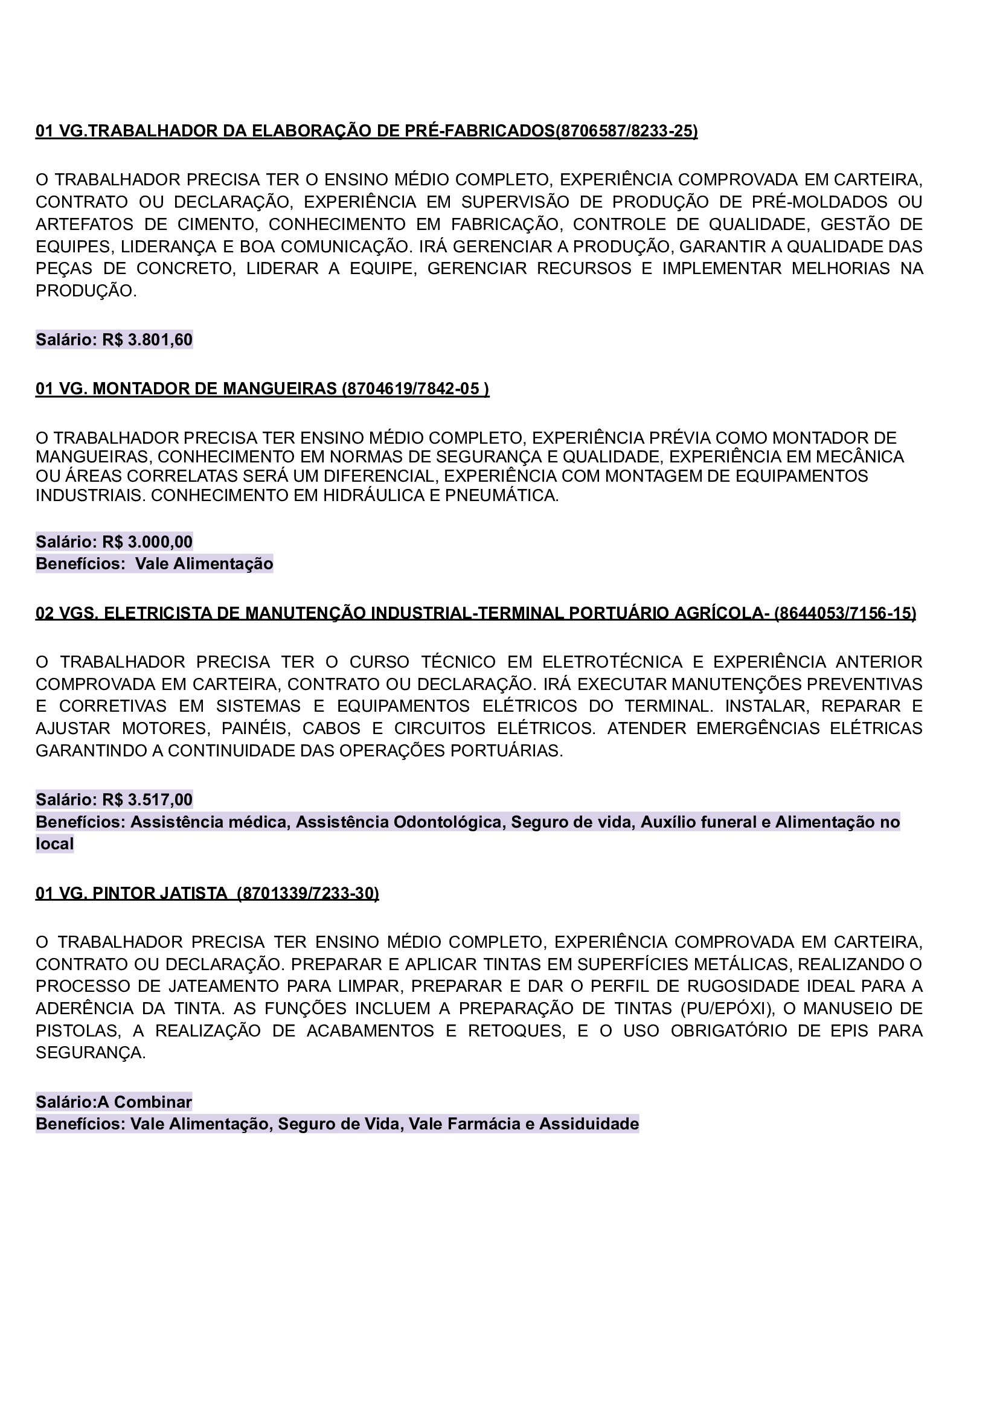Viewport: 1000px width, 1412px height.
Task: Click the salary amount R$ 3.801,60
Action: (148, 340)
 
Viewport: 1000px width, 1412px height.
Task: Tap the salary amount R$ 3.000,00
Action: (148, 541)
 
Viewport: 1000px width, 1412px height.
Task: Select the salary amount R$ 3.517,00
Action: (148, 799)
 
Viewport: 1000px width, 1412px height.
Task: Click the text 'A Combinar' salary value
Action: (145, 1102)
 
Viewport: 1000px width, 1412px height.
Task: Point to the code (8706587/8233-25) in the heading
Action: (627, 131)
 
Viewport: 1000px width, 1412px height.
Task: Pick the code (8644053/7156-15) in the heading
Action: (845, 613)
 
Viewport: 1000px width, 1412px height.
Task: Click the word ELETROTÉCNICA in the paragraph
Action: (612, 662)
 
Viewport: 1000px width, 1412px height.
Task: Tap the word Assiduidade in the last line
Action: (589, 1124)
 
